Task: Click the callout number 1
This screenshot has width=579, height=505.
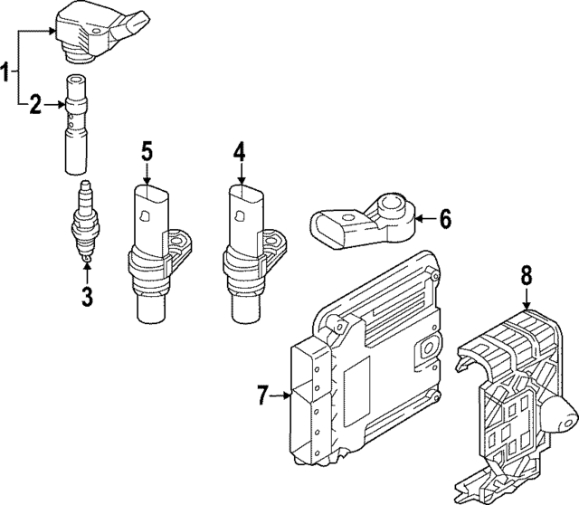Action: coord(7,71)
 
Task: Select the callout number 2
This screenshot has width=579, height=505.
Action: coord(34,106)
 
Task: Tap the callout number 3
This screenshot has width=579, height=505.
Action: coord(87,295)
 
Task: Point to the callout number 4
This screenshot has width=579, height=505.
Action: coord(239,151)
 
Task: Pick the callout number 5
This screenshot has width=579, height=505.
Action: coord(147,151)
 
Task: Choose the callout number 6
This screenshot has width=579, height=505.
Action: coord(444,218)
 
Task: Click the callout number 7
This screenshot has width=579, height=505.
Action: coord(261,395)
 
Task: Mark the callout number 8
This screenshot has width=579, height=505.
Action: coord(526,275)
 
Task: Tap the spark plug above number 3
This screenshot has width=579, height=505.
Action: coord(86,223)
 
